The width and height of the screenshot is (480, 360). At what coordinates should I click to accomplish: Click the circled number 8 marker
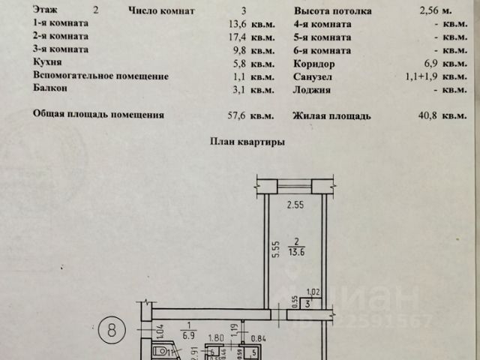(112, 328)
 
